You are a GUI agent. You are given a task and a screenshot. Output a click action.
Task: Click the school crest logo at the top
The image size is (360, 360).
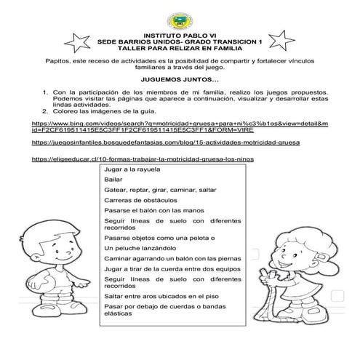[180, 17]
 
